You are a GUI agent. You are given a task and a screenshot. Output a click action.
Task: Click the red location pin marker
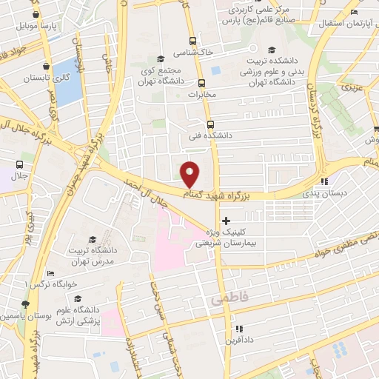(190, 173)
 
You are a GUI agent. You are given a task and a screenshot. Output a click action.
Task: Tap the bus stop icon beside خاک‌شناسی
(192, 41)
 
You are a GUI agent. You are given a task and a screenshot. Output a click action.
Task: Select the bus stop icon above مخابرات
(201, 83)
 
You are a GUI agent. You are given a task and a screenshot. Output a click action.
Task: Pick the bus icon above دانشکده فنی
(209, 124)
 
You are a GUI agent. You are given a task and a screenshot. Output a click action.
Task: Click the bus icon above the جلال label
(19, 164)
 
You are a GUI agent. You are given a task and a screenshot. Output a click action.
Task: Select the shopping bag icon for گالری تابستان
(47, 65)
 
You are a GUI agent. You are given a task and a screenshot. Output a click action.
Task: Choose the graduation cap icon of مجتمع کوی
(160, 59)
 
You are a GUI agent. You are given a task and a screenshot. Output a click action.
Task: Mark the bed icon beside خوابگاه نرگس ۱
(50, 272)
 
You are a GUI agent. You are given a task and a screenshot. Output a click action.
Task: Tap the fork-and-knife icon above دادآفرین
(238, 329)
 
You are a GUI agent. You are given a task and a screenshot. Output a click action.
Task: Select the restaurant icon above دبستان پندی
(323, 181)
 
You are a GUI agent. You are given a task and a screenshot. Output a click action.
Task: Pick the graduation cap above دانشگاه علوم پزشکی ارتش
(77, 298)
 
